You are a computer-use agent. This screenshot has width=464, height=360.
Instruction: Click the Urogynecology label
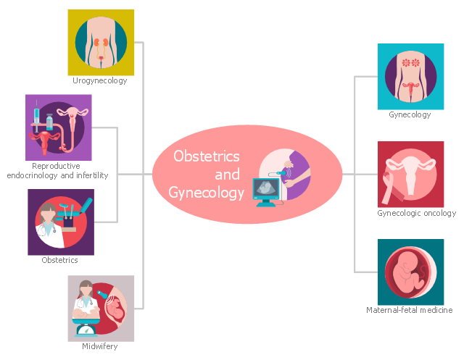click(x=100, y=80)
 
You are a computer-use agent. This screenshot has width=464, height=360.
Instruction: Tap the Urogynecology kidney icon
click(x=101, y=42)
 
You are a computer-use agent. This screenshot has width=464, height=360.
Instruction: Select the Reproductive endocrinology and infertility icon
click(x=58, y=127)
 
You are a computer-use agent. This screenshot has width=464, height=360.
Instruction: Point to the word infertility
click(x=88, y=175)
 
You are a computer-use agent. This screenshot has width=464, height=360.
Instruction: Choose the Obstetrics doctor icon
click(x=60, y=222)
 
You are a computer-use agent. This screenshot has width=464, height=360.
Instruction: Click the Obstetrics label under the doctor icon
click(x=60, y=260)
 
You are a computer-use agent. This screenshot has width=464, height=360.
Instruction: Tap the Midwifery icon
click(x=101, y=308)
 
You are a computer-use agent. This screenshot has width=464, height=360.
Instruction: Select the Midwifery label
click(x=100, y=346)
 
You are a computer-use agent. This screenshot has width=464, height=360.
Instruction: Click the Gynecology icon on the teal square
click(x=410, y=76)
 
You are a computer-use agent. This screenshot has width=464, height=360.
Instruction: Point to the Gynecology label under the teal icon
click(x=410, y=114)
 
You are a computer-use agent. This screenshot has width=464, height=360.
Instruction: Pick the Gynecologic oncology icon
click(x=410, y=175)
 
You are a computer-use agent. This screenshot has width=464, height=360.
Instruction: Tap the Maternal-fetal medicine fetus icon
click(x=410, y=272)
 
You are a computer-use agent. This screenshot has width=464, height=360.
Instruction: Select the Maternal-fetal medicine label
click(x=410, y=310)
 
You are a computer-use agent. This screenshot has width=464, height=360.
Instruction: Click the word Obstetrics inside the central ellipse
click(x=207, y=156)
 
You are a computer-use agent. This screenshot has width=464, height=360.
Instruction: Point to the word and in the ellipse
click(x=227, y=175)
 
